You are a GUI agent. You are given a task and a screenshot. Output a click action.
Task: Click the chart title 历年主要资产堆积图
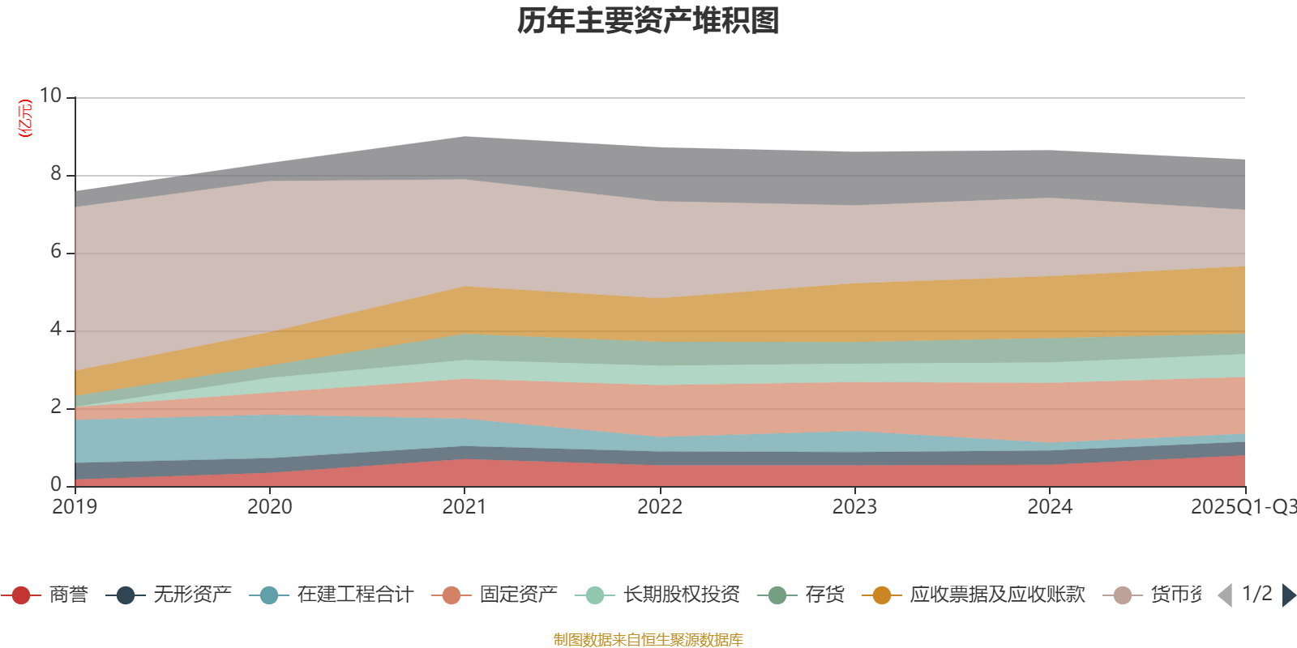(x=648, y=21)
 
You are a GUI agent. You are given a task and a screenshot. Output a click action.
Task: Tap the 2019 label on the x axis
(x=75, y=507)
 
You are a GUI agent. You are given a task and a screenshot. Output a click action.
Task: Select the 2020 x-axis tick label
(x=269, y=507)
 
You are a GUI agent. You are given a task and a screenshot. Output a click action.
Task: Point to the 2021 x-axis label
(x=464, y=507)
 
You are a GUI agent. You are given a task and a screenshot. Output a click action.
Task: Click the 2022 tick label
(x=660, y=507)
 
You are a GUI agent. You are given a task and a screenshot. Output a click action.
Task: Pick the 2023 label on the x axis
(x=854, y=507)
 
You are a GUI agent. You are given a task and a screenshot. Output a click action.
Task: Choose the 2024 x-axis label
(x=1050, y=507)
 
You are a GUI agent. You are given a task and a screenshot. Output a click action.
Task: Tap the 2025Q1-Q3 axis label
(x=1242, y=507)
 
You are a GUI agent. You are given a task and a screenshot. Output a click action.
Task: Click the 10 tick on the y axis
(x=50, y=96)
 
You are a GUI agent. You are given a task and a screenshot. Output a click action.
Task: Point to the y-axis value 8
(x=56, y=174)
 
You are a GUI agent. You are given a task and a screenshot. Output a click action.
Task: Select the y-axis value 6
(x=56, y=252)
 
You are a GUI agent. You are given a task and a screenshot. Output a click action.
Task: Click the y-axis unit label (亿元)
(x=25, y=118)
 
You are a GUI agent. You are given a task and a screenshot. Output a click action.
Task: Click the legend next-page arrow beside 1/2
(x=1288, y=595)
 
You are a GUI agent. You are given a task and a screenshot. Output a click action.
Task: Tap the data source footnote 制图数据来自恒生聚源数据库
(x=648, y=640)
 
